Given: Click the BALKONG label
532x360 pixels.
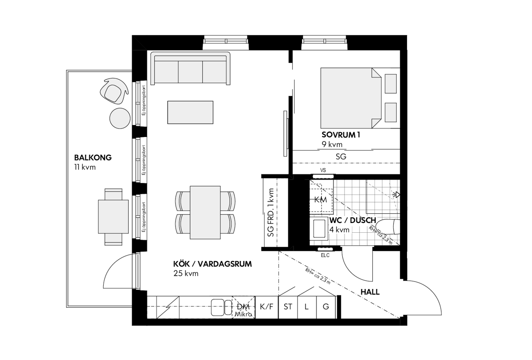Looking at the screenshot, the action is [93, 158].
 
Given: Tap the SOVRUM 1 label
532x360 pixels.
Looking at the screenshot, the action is [341, 135].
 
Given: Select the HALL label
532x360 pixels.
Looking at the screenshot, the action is [370, 292].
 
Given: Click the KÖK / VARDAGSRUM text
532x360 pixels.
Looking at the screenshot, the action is [212, 264].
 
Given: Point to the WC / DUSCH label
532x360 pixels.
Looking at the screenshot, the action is [353, 220].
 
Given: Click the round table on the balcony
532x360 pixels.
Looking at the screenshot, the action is [120, 118].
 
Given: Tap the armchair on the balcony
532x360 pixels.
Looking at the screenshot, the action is [114, 91].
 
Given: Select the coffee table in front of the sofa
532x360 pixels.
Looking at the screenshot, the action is [190, 112].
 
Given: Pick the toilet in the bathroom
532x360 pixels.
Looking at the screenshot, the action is [388, 227].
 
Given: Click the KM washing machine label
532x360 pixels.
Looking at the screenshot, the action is [321, 200].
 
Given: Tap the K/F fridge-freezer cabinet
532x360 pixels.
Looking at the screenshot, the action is [266, 307].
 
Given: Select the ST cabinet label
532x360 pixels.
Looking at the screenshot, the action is [288, 307].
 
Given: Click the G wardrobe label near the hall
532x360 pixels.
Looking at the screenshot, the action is [326, 307].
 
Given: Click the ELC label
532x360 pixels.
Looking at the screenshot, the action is [325, 255].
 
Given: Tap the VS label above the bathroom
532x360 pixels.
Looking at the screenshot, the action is [323, 170].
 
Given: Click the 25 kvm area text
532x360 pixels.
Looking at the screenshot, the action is [186, 274].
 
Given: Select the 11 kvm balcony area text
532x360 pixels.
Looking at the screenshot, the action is [85, 168].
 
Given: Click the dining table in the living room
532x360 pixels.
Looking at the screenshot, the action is [205, 212].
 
